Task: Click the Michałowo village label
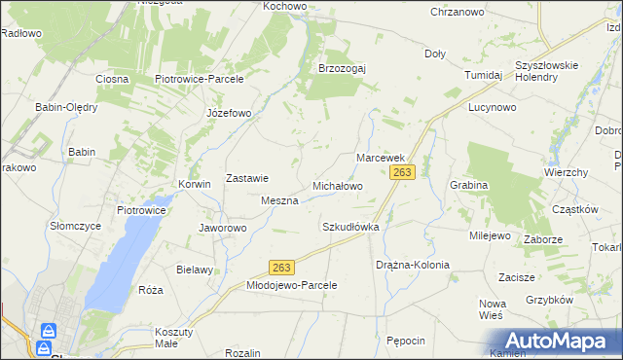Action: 337,185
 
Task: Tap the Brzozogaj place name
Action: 342,68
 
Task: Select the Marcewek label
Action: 380,157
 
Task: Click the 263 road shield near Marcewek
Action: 403,172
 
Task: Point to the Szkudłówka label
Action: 349,226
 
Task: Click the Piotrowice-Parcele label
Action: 199,78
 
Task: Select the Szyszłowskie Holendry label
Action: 547,71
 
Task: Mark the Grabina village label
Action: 468,184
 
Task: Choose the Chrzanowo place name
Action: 458,12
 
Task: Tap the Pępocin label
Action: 406,341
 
